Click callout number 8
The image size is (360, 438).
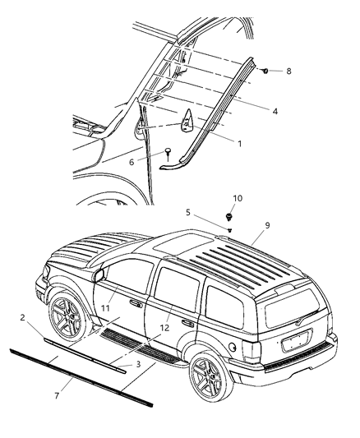(288, 71)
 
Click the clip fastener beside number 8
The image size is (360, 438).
(268, 71)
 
